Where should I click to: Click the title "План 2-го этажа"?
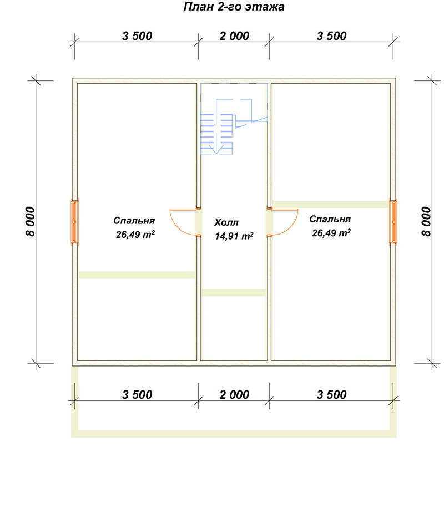click(x=234, y=7)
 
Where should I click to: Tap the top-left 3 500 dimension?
click(x=137, y=36)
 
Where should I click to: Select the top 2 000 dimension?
click(x=234, y=36)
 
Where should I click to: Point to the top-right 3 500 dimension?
click(x=331, y=36)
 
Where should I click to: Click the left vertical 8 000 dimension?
click(x=30, y=222)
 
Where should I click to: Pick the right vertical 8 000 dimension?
click(x=426, y=222)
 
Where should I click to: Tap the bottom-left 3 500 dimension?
click(x=137, y=395)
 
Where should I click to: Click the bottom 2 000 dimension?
click(x=234, y=395)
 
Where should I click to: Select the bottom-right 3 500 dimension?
click(x=331, y=395)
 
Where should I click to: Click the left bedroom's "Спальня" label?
click(x=134, y=221)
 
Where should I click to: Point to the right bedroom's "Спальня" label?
click(x=330, y=219)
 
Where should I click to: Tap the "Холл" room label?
click(x=226, y=222)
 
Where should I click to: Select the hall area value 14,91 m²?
click(x=234, y=236)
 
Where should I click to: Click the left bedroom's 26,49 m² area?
click(x=135, y=234)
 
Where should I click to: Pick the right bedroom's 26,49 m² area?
click(x=331, y=233)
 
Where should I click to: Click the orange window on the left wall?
click(x=74, y=222)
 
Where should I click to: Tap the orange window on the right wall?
click(x=393, y=222)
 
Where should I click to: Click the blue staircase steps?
click(x=216, y=134)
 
